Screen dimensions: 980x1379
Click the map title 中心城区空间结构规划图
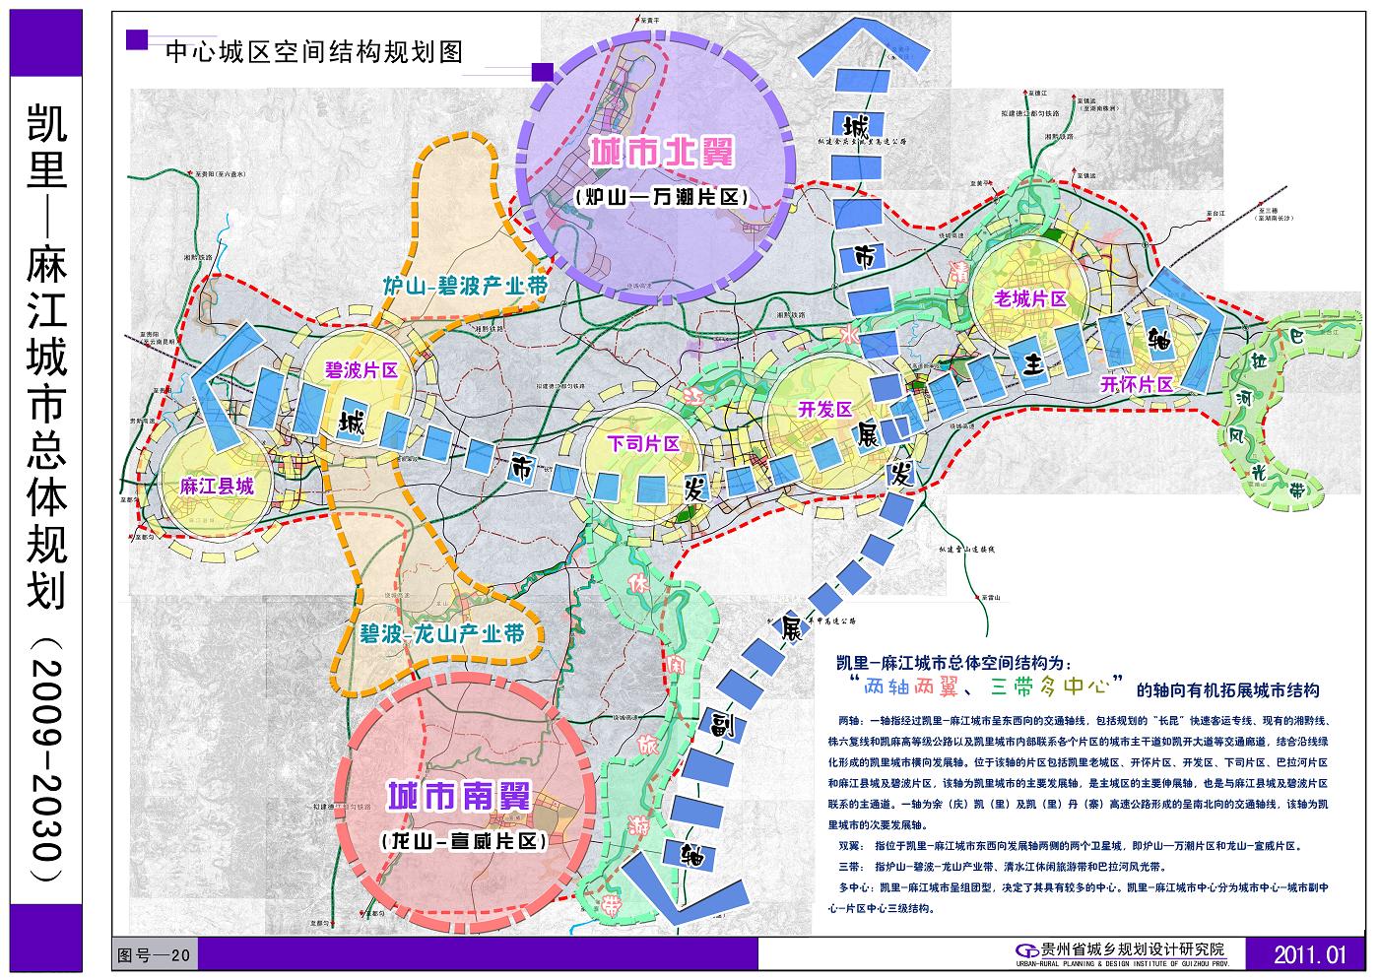[x=314, y=51]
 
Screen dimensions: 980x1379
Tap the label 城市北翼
[x=663, y=154]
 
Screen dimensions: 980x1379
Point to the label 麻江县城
[x=217, y=486]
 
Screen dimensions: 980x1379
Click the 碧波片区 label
[x=361, y=370]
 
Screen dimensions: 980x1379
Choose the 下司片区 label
[x=644, y=443]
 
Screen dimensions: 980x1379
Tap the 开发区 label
[x=824, y=409]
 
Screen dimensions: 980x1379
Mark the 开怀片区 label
[x=1138, y=384]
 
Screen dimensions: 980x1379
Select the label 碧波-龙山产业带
[x=440, y=633]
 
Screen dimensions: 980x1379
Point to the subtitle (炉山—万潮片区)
[x=661, y=197]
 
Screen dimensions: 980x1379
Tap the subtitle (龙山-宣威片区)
[x=463, y=841]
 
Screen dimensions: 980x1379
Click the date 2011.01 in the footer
[x=1309, y=954]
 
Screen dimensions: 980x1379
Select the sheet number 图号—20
[x=158, y=954]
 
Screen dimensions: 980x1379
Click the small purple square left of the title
[x=137, y=39]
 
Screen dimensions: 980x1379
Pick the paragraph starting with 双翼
[x=1069, y=845]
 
